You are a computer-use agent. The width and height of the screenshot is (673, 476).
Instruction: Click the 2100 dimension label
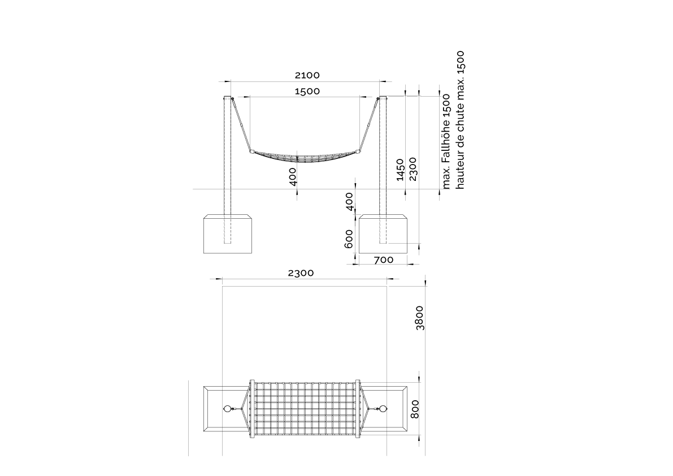coord(307,75)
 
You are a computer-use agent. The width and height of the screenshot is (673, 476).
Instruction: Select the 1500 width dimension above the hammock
coord(307,91)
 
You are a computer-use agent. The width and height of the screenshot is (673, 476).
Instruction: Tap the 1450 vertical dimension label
coord(400,170)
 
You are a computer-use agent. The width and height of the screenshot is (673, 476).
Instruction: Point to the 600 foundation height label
coord(349,239)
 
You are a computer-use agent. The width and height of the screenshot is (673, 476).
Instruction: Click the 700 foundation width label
coord(383,259)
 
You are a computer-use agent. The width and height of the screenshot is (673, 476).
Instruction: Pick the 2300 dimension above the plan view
coord(301,273)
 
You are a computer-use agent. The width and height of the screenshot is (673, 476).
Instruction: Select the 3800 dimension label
coord(420,318)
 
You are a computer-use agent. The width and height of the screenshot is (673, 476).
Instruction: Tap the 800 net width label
coord(415,409)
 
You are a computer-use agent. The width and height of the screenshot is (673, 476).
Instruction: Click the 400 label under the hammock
coord(293,177)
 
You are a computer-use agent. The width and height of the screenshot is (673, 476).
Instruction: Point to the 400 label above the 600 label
coord(349,202)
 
